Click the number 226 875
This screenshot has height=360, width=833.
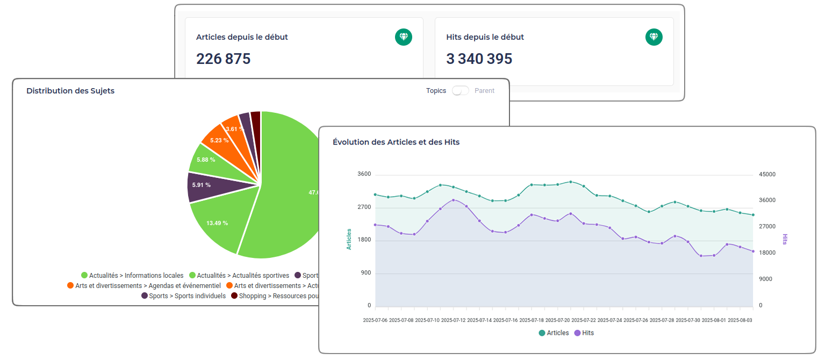tap(223, 59)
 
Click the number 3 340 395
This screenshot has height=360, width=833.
tap(479, 59)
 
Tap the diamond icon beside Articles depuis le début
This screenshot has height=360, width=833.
tap(404, 37)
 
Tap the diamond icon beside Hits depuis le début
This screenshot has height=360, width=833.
tap(654, 37)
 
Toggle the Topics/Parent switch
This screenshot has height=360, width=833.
tap(460, 91)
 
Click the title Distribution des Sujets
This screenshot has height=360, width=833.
tap(70, 91)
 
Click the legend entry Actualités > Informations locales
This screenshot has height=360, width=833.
tap(132, 276)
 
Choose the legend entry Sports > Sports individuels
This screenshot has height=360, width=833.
tap(183, 296)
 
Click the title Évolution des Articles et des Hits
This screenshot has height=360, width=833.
tap(396, 142)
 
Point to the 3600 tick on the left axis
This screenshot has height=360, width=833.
tap(364, 174)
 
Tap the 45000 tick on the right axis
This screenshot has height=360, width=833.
tap(767, 174)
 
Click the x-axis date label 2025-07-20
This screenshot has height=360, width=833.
tap(557, 320)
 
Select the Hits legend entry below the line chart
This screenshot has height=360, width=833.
tap(584, 333)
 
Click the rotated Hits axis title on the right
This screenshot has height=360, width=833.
tap(785, 239)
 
